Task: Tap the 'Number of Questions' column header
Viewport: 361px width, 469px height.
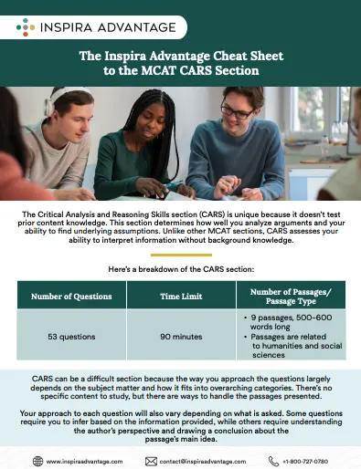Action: (71, 296)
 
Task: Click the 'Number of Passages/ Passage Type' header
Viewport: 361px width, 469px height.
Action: (290, 296)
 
